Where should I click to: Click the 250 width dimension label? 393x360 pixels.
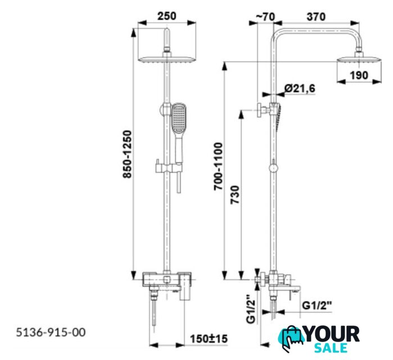click(x=166, y=16)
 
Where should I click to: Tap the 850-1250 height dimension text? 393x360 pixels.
click(x=127, y=154)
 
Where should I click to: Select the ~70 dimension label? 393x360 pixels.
click(x=265, y=17)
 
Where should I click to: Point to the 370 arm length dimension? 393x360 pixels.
click(x=316, y=17)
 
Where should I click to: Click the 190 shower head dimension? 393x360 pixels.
click(x=359, y=75)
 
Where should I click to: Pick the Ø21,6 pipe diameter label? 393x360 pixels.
click(x=300, y=88)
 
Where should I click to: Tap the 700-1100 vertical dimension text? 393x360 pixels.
click(x=218, y=166)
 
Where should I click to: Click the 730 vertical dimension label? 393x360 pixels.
click(x=235, y=195)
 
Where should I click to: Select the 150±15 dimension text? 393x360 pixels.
click(x=209, y=339)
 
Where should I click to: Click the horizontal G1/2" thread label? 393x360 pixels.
click(x=317, y=305)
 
